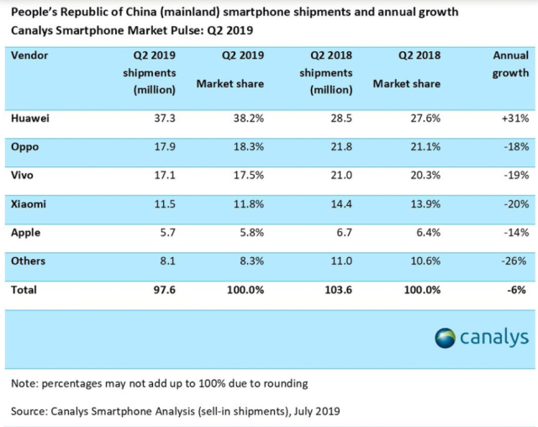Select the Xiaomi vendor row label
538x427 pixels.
pos(30,204)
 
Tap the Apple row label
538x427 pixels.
pos(28,233)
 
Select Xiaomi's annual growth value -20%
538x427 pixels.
pos(513,204)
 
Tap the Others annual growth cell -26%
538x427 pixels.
pos(513,261)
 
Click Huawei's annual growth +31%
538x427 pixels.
pos(512,119)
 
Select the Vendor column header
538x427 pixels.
pos(30,55)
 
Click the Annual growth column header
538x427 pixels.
pos(511,65)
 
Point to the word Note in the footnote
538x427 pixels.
pos(26,383)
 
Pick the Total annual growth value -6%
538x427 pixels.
pos(516,290)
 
